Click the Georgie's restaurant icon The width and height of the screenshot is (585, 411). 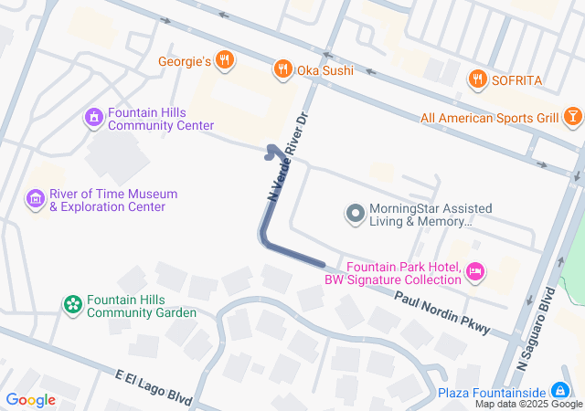coord(226,61)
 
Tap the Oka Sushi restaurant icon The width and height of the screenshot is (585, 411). coord(283,68)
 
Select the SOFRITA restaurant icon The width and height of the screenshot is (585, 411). coord(476,80)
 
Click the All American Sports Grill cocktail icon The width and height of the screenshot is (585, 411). coord(571,117)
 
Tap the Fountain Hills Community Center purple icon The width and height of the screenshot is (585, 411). coord(93,118)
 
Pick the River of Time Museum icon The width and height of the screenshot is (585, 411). coord(36,199)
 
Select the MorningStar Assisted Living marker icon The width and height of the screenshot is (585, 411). coord(355,214)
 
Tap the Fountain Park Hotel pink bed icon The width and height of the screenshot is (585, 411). coord(474,271)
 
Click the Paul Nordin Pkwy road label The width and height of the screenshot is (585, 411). coord(442,313)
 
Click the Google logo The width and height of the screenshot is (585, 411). coord(30,400)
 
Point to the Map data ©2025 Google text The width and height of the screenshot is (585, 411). coord(528,404)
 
